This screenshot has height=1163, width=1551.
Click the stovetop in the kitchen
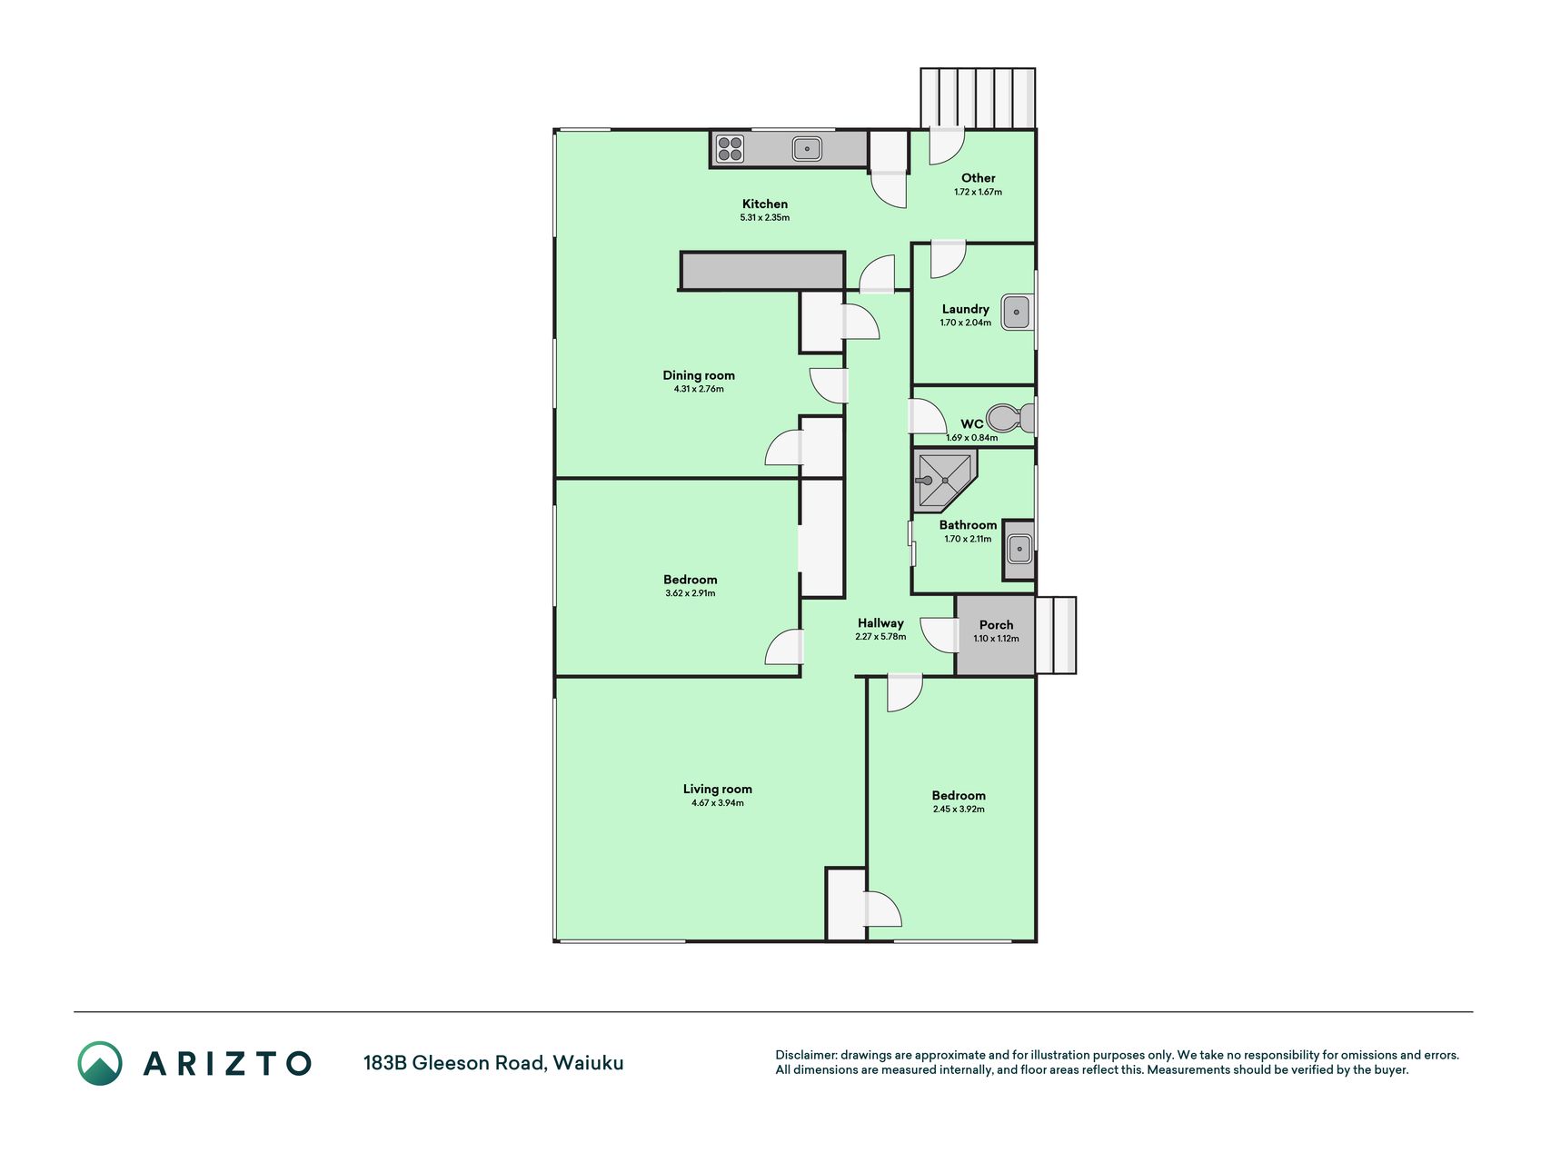point(730,148)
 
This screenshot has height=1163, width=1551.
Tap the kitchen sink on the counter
point(807,148)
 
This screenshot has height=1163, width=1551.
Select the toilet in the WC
point(1010,418)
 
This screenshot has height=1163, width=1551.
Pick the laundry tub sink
point(1017,312)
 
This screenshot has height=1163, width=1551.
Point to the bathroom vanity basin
point(1019,550)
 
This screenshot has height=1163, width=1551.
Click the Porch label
point(996,625)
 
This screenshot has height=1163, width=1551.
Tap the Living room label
point(718,789)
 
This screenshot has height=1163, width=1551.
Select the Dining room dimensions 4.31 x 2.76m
point(699,389)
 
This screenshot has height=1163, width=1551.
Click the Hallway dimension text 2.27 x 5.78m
point(880,637)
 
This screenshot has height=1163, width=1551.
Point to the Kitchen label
point(765,204)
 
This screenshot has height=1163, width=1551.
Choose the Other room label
point(979,178)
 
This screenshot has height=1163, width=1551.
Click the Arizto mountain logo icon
point(100,1063)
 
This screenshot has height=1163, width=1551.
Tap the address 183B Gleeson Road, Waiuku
point(493,1063)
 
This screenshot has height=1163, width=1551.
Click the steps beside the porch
point(1056,635)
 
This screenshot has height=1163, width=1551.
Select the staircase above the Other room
point(978,98)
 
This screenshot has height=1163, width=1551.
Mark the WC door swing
point(929,416)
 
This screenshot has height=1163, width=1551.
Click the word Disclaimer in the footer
point(806,1055)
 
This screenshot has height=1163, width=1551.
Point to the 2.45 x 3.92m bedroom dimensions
point(959,809)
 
